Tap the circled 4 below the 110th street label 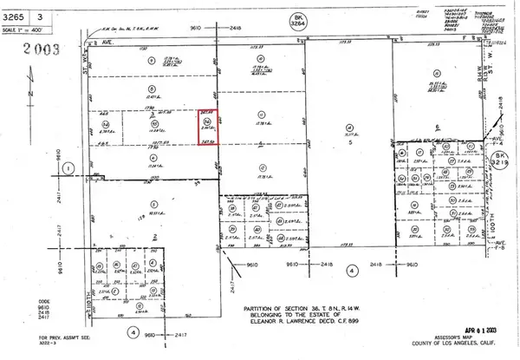[x=132, y=332]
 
